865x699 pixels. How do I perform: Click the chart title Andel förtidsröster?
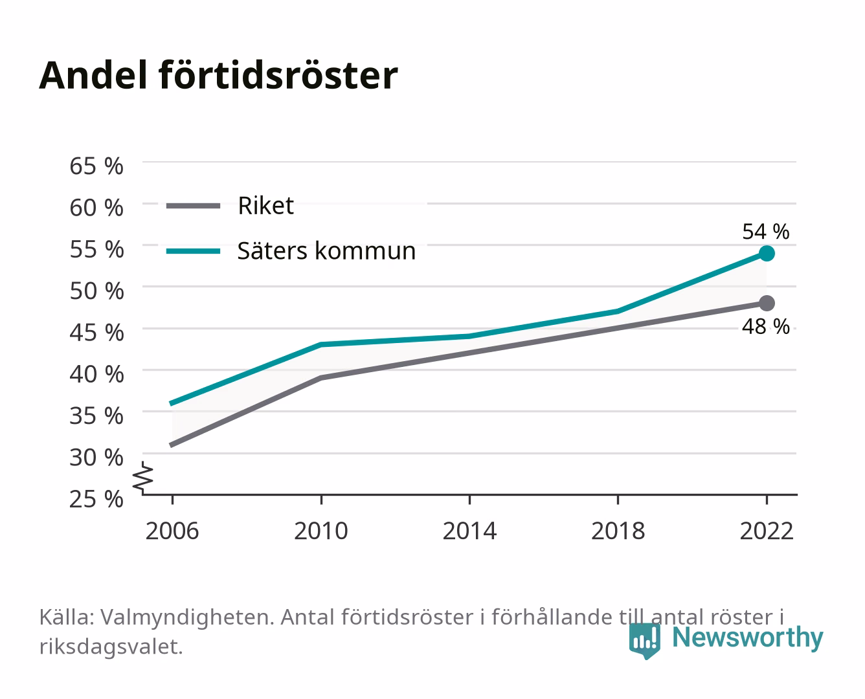click(x=218, y=76)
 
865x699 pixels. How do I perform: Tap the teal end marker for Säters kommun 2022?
click(x=767, y=254)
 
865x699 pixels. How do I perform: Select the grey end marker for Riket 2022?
click(x=767, y=303)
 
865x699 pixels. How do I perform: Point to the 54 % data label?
click(x=766, y=232)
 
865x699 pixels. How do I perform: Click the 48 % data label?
click(x=766, y=326)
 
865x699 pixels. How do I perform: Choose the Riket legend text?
click(x=266, y=206)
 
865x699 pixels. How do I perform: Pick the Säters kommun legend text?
click(x=326, y=251)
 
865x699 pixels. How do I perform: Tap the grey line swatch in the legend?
click(x=194, y=206)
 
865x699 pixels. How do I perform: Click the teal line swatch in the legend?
click(x=194, y=251)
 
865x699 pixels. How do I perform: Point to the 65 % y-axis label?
click(x=96, y=166)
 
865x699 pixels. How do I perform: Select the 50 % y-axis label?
click(x=96, y=291)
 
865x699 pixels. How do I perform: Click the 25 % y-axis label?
click(x=96, y=499)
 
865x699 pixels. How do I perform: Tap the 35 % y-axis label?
click(x=96, y=416)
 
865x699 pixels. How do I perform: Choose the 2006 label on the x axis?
click(x=172, y=531)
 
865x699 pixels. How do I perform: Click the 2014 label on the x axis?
click(x=469, y=531)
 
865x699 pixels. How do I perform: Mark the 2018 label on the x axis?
click(x=618, y=531)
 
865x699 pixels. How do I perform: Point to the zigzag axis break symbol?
click(x=143, y=478)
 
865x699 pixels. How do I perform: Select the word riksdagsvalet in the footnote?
click(x=111, y=647)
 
